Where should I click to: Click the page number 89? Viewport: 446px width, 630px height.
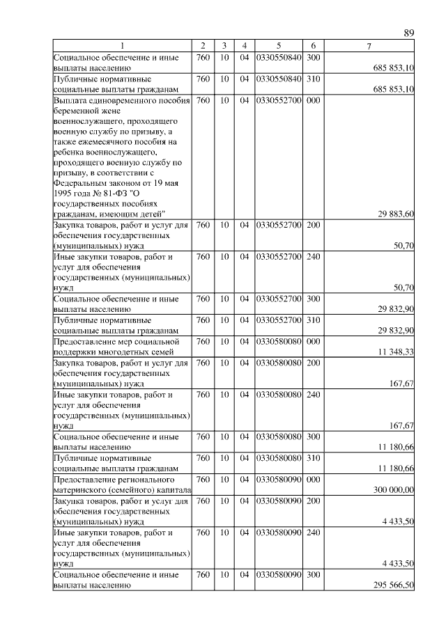pyautogui.click(x=408, y=33)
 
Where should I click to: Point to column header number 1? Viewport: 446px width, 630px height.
pyautogui.click(x=123, y=46)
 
